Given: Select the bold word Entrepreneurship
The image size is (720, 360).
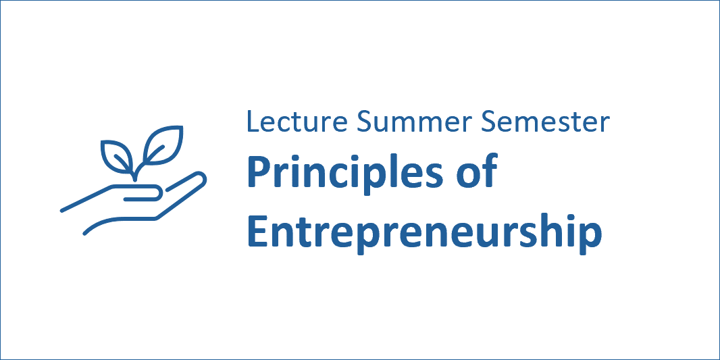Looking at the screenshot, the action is pyautogui.click(x=425, y=234).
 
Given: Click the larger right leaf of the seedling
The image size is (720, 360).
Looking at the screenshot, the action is pyautogui.click(x=163, y=145).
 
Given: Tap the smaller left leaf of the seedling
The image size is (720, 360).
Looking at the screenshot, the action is pyautogui.click(x=117, y=157).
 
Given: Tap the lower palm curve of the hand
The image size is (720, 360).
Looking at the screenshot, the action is pyautogui.click(x=120, y=223).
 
